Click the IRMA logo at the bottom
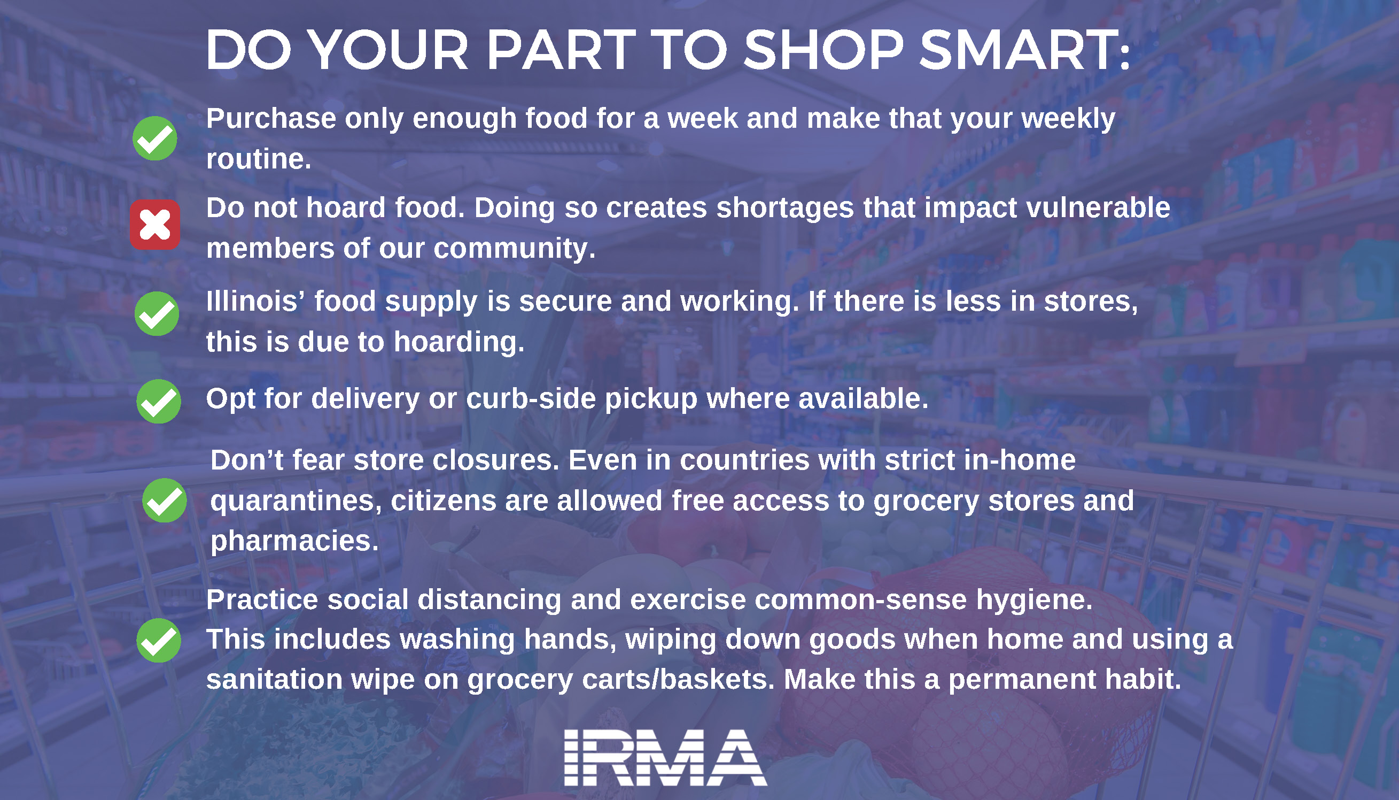[x=665, y=758]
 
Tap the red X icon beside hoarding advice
[x=155, y=225]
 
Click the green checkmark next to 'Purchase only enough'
[x=155, y=138]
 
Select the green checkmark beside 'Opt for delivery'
[x=159, y=401]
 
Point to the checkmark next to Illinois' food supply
[x=157, y=313]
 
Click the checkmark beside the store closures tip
[x=164, y=500]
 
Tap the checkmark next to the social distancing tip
[x=159, y=640]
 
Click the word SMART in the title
[x=1024, y=50]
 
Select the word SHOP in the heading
[x=823, y=50]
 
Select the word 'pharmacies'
[x=294, y=541]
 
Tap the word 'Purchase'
[x=271, y=119]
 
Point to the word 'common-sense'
[x=860, y=600]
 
